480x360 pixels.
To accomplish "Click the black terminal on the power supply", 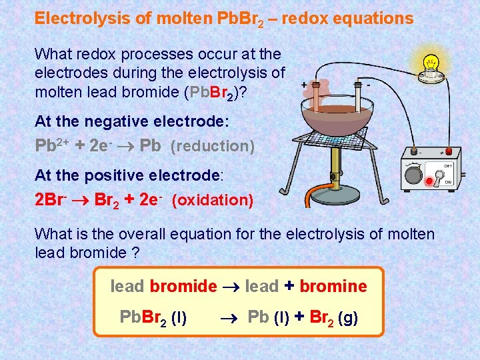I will (415, 151).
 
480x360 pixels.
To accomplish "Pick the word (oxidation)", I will (213, 200).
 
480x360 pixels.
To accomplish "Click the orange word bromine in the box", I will (333, 287).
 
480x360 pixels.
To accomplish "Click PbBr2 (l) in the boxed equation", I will (153, 317).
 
